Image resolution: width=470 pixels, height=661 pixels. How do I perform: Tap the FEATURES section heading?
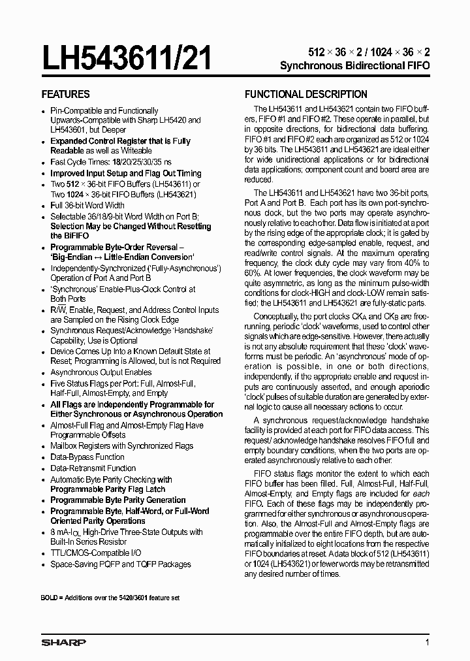(x=66, y=94)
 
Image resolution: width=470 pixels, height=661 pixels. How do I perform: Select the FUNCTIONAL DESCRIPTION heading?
(x=305, y=94)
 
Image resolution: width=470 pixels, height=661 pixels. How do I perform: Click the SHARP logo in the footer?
(x=63, y=643)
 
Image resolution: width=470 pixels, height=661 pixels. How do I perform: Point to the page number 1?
(x=427, y=643)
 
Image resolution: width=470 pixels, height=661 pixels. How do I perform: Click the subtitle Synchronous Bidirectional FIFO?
(x=354, y=66)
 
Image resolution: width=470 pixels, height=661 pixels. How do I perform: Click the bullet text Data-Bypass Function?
(x=87, y=457)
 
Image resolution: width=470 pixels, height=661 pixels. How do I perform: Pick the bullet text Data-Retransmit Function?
(x=93, y=468)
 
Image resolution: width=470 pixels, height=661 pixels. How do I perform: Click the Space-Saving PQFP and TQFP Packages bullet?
(x=121, y=564)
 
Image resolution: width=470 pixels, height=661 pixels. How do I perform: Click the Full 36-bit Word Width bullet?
(x=87, y=205)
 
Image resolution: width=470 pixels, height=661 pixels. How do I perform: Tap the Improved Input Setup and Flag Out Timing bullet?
(x=126, y=173)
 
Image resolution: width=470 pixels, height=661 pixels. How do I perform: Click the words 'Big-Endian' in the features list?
(x=74, y=257)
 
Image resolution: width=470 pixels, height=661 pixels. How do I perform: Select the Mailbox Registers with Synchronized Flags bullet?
(x=122, y=446)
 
